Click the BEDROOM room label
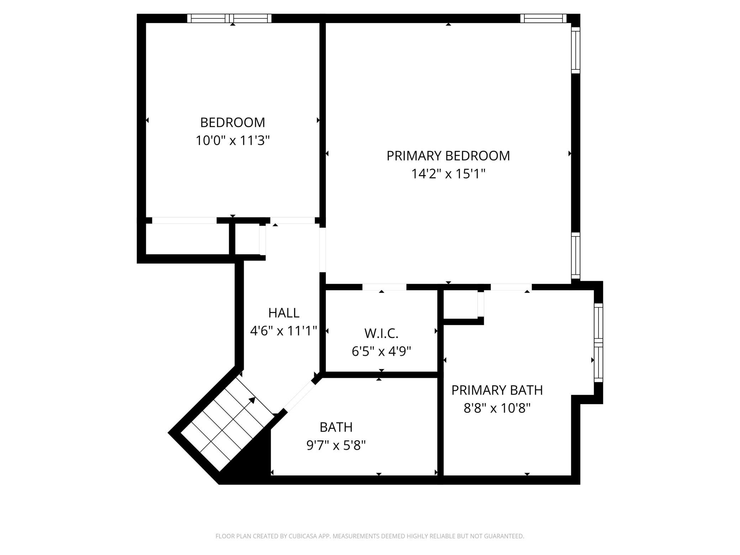(233, 122)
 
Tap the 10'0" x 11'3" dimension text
(233, 141)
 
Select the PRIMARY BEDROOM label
(448, 156)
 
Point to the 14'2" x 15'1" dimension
(448, 174)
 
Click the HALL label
(284, 313)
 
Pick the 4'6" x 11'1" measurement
(284, 331)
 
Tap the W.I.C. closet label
(381, 333)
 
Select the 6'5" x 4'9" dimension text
(381, 351)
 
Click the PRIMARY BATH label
(497, 390)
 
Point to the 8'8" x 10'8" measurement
(497, 408)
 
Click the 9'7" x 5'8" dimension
(336, 445)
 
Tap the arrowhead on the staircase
(252, 400)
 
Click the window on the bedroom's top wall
(229, 18)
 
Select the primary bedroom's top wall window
(543, 18)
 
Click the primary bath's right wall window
(599, 343)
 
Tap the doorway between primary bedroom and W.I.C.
(384, 287)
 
